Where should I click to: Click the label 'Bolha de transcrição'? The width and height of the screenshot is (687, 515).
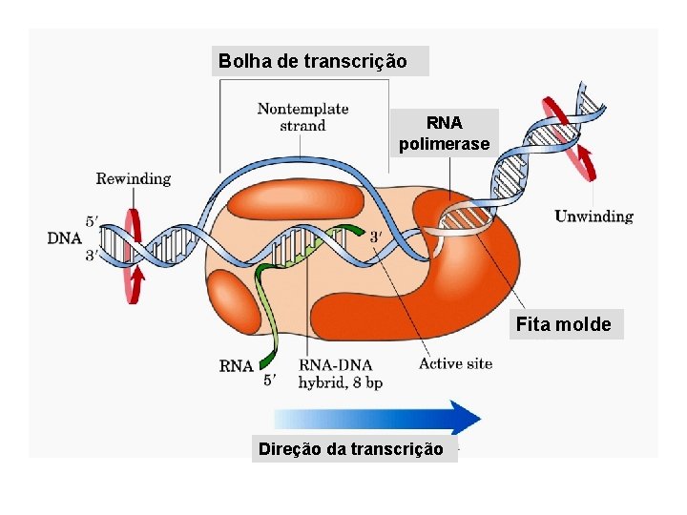coord(313,61)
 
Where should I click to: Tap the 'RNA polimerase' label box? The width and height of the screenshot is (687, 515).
coord(444,134)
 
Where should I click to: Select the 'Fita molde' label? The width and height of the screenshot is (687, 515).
coord(563,324)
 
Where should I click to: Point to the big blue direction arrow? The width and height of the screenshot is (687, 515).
coord(382,418)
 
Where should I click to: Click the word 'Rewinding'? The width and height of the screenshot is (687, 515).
coord(133,178)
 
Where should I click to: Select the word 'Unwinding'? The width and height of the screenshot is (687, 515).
coord(593,216)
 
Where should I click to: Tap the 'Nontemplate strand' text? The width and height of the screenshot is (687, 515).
coord(302,117)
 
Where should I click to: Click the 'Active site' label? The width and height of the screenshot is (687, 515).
coord(455,363)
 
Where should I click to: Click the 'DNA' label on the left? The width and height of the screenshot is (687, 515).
coord(64,238)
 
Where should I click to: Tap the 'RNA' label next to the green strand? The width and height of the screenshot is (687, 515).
coord(236,365)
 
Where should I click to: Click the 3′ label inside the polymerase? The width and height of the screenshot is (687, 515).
coord(377,236)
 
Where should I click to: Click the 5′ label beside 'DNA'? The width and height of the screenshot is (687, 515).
coord(91,221)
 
